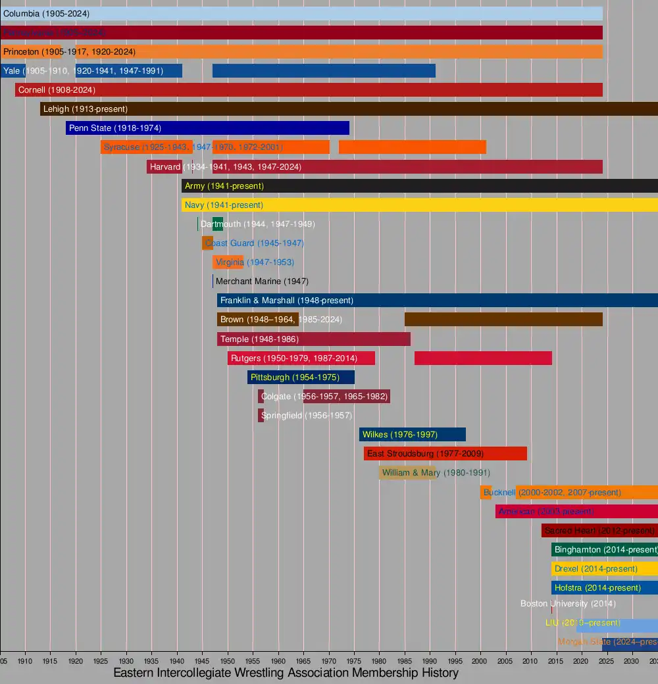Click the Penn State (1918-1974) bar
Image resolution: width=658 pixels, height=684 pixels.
(207, 128)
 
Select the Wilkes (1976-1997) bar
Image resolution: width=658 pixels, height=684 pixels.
(412, 435)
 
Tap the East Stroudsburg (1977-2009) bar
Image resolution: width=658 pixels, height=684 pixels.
(445, 454)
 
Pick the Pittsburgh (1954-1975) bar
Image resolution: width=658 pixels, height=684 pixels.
(301, 378)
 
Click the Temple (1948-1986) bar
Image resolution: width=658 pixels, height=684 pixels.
(314, 339)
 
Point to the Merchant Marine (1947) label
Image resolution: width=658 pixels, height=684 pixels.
(262, 281)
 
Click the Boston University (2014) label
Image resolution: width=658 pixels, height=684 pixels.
(568, 604)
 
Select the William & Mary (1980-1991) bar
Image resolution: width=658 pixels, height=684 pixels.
(407, 473)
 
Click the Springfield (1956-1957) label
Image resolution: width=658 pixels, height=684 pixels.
(307, 416)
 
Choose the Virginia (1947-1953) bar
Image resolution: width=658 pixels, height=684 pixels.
(228, 262)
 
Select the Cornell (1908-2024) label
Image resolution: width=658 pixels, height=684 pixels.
(57, 90)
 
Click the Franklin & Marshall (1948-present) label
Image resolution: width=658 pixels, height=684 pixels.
(287, 301)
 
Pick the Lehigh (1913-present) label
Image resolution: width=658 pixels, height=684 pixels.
(86, 109)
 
